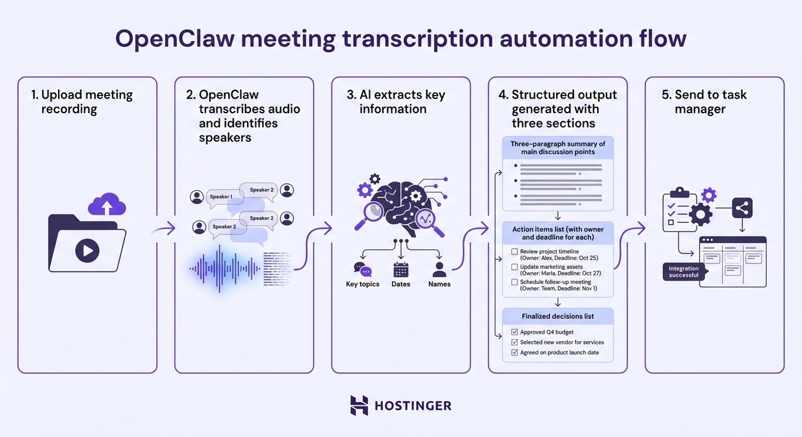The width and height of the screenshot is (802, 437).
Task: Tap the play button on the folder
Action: click(87, 251)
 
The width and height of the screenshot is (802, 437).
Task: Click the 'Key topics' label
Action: click(362, 284)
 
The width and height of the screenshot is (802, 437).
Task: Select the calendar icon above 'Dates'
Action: click(400, 270)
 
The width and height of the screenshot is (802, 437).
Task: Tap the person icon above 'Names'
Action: click(439, 270)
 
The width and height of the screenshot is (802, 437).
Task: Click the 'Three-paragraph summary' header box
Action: click(557, 148)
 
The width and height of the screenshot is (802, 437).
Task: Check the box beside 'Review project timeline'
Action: click(514, 252)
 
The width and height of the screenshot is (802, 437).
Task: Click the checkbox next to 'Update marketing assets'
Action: click(514, 267)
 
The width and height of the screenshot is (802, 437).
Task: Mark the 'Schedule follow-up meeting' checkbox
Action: click(514, 282)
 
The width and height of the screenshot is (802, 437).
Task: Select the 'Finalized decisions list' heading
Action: click(557, 316)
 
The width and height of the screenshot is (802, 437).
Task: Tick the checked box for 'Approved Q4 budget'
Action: click(514, 332)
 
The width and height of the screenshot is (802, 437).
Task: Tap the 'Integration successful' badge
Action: click(683, 272)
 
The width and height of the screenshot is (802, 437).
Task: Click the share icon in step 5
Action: click(742, 208)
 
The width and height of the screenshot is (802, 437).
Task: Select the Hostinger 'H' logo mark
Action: click(359, 405)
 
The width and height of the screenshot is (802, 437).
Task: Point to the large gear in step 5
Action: click(700, 214)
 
